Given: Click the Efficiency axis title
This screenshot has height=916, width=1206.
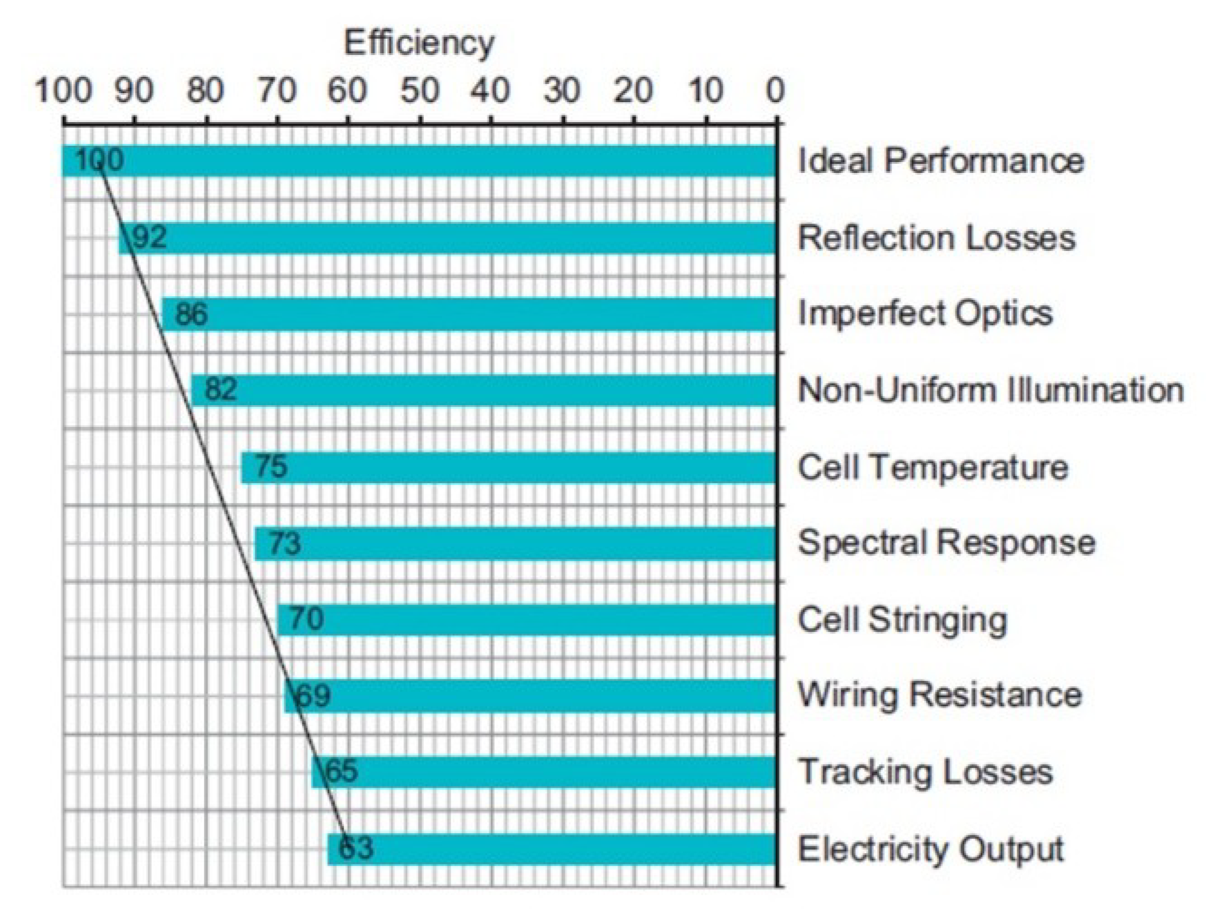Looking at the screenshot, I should click(419, 44).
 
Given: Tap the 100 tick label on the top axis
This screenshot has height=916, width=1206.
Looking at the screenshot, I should click(63, 91).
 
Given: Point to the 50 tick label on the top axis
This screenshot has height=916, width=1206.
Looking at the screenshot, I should click(419, 91).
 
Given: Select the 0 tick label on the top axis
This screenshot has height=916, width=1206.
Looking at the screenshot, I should click(775, 91).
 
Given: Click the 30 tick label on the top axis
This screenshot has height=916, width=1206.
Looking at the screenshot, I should click(561, 91).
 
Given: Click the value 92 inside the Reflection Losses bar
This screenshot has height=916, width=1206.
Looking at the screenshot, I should click(149, 237).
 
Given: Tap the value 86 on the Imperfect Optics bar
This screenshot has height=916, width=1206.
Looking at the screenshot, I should click(191, 314).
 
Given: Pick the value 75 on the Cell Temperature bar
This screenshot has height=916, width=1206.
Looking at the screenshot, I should click(270, 467).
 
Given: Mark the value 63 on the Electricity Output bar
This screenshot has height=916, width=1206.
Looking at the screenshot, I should click(356, 848).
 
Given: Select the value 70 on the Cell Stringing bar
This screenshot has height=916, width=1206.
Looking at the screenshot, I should click(306, 619).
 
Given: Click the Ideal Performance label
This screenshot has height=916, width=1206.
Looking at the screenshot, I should click(940, 161).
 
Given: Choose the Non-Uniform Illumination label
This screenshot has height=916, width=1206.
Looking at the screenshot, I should click(990, 390).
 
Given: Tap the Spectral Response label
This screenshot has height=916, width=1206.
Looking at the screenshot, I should click(947, 542).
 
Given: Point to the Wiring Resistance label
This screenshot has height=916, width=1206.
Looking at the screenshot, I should click(939, 695).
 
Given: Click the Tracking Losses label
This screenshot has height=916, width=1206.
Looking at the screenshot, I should click(925, 772).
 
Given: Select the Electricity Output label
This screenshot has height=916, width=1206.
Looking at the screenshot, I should click(930, 849).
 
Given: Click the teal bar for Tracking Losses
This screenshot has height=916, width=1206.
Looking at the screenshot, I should click(544, 772).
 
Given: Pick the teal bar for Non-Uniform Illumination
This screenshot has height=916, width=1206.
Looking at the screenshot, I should click(484, 390).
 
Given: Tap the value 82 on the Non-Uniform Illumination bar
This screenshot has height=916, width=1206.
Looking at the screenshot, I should click(220, 389).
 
